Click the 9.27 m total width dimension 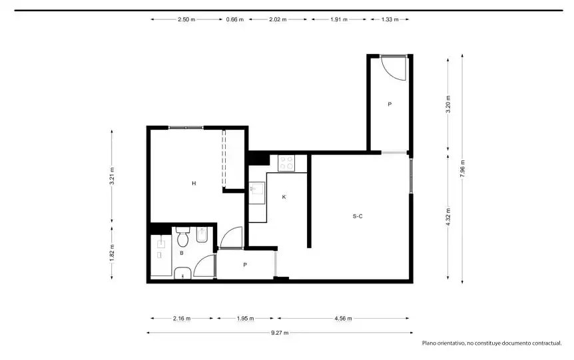click(x=280, y=333)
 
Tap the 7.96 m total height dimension click(x=462, y=168)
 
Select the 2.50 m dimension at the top click(x=186, y=19)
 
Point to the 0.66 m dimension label click(x=234, y=19)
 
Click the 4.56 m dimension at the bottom click(x=343, y=318)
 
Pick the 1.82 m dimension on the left click(x=112, y=253)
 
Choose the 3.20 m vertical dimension click(x=448, y=104)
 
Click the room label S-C click(x=358, y=216)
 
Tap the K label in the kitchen click(x=284, y=197)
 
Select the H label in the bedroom click(x=194, y=183)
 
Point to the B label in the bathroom click(x=182, y=253)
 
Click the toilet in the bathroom click(x=182, y=237)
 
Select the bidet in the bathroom click(x=202, y=236)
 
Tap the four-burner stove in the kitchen click(x=286, y=163)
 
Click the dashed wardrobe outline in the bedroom click(x=224, y=159)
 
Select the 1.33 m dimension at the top click(x=390, y=19)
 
